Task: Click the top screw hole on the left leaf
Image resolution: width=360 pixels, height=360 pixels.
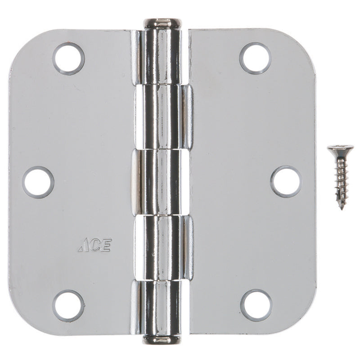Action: click(x=68, y=59)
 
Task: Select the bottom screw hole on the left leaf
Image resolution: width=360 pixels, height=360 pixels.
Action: click(x=68, y=306)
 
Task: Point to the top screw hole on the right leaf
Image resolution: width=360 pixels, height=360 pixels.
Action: click(x=255, y=58)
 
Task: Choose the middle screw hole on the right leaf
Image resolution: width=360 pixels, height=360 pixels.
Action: click(x=286, y=182)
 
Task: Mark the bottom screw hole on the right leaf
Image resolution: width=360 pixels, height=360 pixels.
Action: click(x=256, y=305)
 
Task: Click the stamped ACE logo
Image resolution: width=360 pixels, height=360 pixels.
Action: click(x=95, y=246)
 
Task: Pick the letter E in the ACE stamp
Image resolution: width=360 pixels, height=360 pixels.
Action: click(x=106, y=246)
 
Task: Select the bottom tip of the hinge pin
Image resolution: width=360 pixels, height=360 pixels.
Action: click(x=161, y=339)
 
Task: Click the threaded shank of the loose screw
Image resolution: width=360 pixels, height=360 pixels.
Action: click(x=341, y=180)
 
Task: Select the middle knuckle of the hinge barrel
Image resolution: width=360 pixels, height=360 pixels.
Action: click(x=162, y=182)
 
